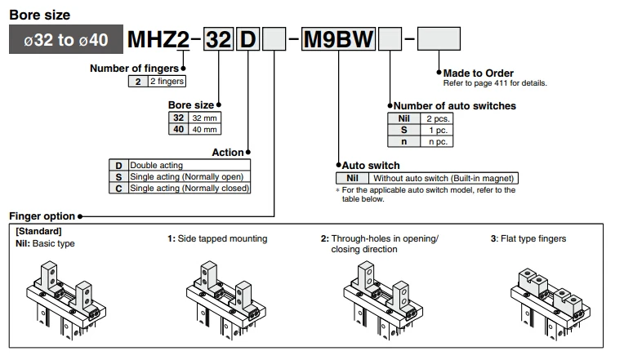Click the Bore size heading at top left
(39, 15)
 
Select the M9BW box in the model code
(338, 39)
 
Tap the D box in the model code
(247, 39)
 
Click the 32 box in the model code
(218, 39)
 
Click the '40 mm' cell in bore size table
(206, 129)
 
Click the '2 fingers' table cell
(167, 81)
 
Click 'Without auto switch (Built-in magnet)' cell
(443, 178)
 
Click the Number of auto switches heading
(455, 105)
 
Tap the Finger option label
(42, 216)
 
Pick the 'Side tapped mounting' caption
(217, 239)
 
